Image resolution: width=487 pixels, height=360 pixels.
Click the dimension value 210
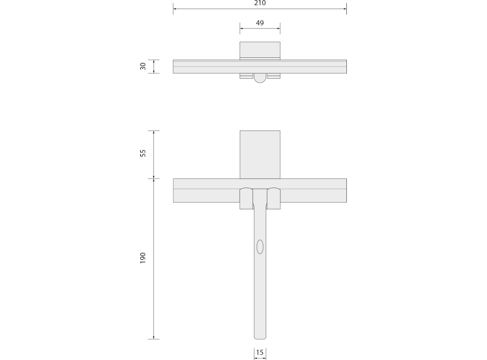coord(260,3)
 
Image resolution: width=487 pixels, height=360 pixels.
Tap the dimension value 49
coord(260,23)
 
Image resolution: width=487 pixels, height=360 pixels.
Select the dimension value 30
coord(143,66)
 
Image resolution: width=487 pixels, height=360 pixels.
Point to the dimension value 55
coord(143,153)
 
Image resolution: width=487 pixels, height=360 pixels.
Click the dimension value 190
coord(143,258)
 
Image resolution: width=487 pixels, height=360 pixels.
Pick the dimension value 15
coord(260,352)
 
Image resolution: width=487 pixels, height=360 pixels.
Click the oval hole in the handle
coord(260,247)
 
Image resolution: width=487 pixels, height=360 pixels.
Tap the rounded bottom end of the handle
coord(260,337)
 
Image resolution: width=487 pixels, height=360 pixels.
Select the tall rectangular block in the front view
coord(260,155)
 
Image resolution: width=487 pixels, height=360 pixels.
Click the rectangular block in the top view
coord(260,50)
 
